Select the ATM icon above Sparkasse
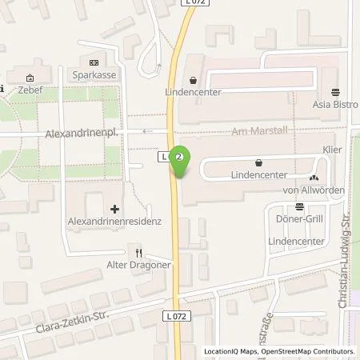point(94,63)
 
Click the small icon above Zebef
point(30,78)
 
